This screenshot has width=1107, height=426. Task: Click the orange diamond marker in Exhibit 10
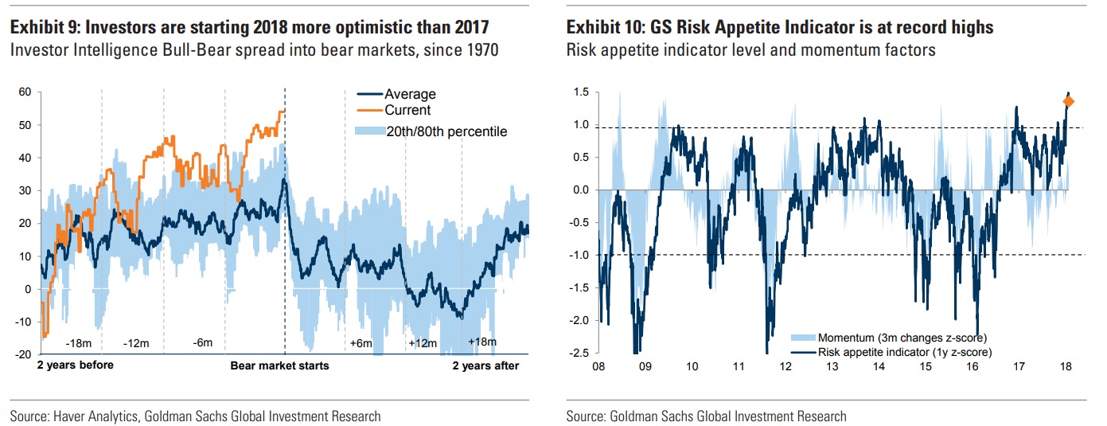(x=1069, y=101)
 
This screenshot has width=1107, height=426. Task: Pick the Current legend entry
(x=407, y=110)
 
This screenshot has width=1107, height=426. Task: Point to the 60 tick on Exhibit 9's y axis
(x=24, y=92)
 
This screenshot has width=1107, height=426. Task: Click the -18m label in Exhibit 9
(x=79, y=343)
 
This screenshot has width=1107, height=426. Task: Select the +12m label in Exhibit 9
(x=423, y=343)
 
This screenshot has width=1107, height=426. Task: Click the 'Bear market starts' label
(x=279, y=365)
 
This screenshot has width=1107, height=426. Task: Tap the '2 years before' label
(x=76, y=365)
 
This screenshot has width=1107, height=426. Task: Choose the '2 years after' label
(x=485, y=365)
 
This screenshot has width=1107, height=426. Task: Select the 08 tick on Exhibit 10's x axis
(x=598, y=366)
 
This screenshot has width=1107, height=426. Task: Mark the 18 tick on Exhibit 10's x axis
(x=1066, y=366)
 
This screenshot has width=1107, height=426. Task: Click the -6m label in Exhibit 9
(x=203, y=343)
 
